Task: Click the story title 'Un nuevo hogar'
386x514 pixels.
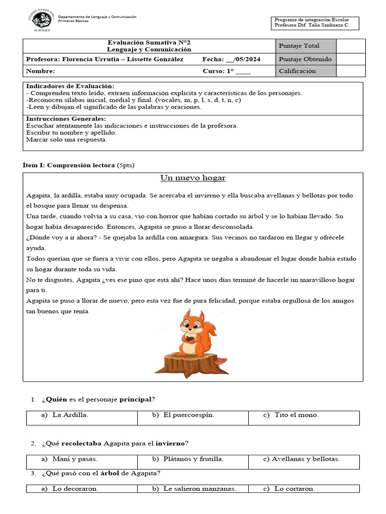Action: (x=193, y=178)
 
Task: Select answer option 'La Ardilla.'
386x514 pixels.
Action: (x=70, y=415)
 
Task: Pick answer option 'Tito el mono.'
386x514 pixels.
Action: (x=297, y=415)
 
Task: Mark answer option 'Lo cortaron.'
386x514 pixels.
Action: (x=295, y=489)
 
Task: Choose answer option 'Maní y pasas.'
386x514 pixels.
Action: (x=75, y=459)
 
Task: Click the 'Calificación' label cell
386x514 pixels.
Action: (x=298, y=71)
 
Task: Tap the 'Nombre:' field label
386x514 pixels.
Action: (x=41, y=71)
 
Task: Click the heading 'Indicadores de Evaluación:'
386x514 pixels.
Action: (x=70, y=86)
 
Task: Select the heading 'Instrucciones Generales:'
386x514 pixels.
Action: (x=66, y=119)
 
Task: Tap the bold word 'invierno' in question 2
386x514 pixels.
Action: (x=169, y=444)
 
